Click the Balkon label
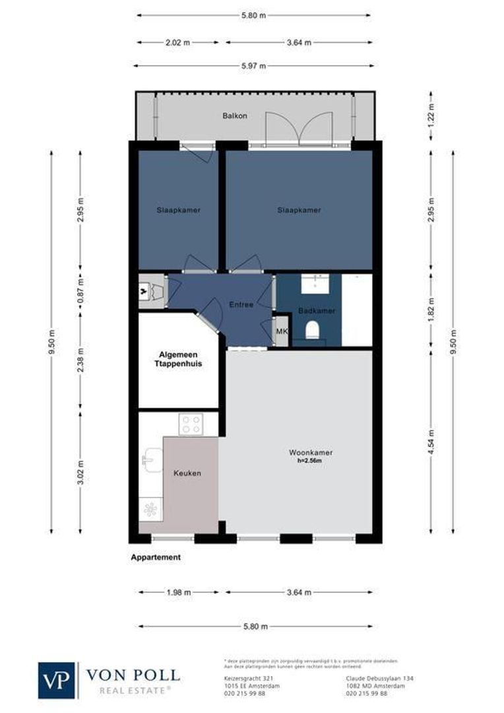pyautogui.click(x=235, y=116)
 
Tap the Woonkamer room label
pyautogui.click(x=310, y=452)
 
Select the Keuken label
pyautogui.click(x=187, y=473)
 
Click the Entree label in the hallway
pyautogui.click(x=241, y=304)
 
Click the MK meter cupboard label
pyautogui.click(x=282, y=331)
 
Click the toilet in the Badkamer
pyautogui.click(x=313, y=329)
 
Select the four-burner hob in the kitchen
pyautogui.click(x=191, y=424)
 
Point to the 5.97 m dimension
pyautogui.click(x=253, y=66)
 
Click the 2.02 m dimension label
pyautogui.click(x=177, y=42)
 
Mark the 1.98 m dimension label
pyautogui.click(x=177, y=592)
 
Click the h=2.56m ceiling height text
pyautogui.click(x=310, y=461)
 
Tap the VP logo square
pyautogui.click(x=57, y=680)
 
